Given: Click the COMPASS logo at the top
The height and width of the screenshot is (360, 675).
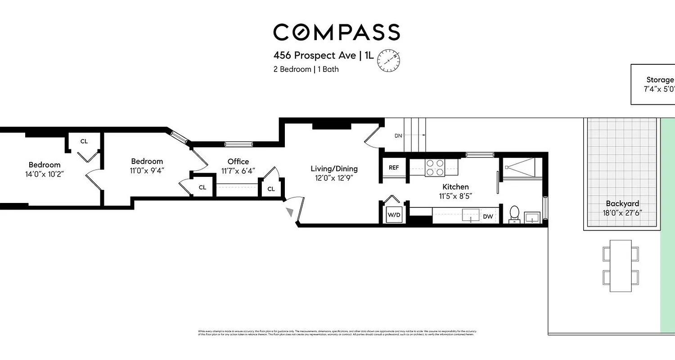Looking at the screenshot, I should point(337,32).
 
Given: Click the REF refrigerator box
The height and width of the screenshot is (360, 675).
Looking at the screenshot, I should point(393,167).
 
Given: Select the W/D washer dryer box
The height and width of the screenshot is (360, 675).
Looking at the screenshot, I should point(394,215).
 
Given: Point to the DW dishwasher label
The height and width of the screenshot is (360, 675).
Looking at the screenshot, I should point(488,216).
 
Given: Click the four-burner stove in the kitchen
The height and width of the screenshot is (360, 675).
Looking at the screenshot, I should point(435,167).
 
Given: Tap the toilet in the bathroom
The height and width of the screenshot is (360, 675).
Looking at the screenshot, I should point(514,214).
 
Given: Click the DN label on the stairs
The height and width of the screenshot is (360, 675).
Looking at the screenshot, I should point(398,135).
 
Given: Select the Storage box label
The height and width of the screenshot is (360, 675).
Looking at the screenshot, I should point(660,80).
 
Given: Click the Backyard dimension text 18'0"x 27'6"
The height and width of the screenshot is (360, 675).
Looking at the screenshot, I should point(622,213).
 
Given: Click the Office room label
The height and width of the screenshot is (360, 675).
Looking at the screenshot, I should point(238,162).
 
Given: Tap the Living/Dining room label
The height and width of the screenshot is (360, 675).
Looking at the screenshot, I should point(334,169).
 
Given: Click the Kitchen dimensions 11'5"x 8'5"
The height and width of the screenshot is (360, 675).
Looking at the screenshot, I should point(455,196).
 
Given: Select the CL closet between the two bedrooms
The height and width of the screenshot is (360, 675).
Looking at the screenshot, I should point(84,141).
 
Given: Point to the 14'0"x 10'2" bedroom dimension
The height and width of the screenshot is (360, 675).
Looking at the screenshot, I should point(45,174).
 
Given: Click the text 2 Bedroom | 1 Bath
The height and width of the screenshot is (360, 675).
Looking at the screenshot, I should point(306,69).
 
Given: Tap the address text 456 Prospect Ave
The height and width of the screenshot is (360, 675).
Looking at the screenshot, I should point(315,56).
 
